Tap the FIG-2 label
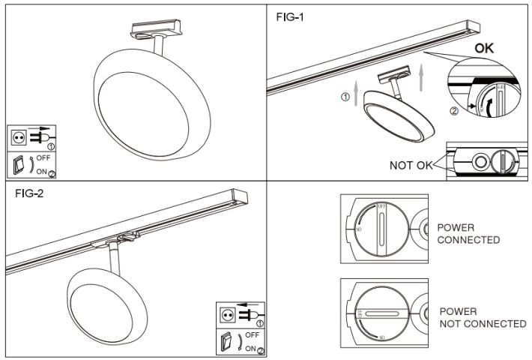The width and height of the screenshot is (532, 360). [31, 193]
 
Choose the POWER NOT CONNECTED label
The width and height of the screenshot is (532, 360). [482, 317]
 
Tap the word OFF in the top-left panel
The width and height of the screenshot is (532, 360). [43, 158]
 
